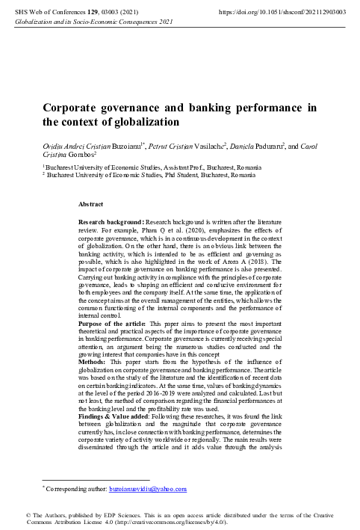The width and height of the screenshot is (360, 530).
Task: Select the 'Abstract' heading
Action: [x=93, y=203]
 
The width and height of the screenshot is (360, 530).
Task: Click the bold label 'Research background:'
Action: [x=111, y=224]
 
